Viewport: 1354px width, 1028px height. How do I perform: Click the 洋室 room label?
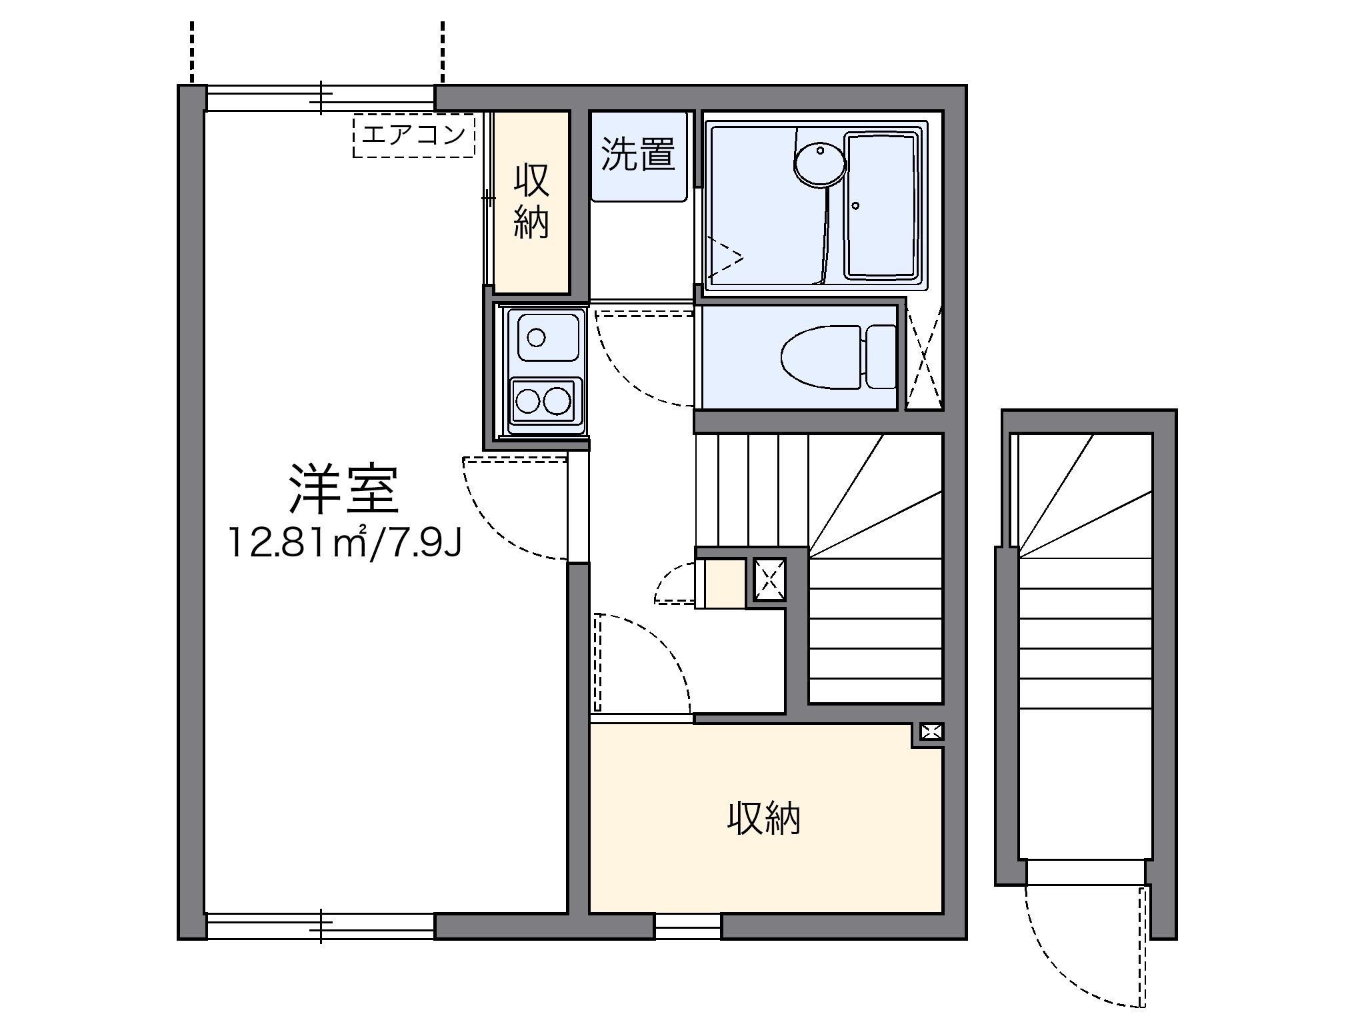pyautogui.click(x=344, y=490)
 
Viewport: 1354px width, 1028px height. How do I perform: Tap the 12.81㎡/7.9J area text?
pyautogui.click(x=344, y=542)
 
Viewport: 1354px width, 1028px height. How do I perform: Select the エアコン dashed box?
pyautogui.click(x=413, y=136)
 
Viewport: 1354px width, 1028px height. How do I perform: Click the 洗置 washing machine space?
pyautogui.click(x=639, y=155)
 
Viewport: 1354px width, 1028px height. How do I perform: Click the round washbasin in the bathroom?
pyautogui.click(x=819, y=164)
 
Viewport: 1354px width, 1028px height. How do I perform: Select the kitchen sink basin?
pyautogui.click(x=543, y=337)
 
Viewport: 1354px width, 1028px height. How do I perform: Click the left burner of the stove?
pyautogui.click(x=529, y=401)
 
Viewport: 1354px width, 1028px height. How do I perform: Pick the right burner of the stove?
pyautogui.click(x=557, y=401)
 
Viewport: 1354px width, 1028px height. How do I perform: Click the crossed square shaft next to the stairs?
pyautogui.click(x=769, y=579)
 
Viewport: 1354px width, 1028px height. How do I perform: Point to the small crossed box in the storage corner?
pyautogui.click(x=931, y=732)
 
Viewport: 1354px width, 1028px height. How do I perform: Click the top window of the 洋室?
pyautogui.click(x=321, y=98)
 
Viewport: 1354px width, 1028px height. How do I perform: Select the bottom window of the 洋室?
pyautogui.click(x=321, y=926)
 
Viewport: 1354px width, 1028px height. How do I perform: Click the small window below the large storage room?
pyautogui.click(x=687, y=926)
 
